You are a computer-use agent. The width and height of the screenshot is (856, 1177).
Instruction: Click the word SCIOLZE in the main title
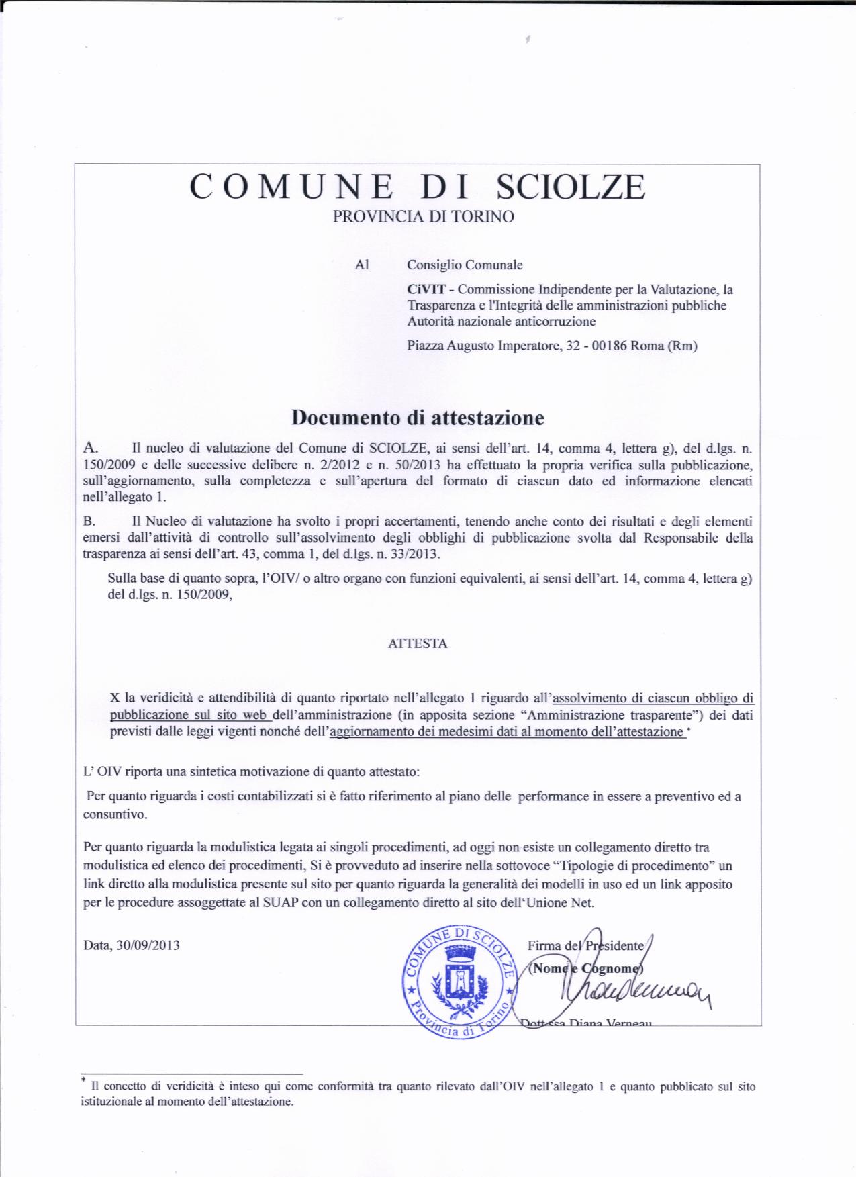click(569, 187)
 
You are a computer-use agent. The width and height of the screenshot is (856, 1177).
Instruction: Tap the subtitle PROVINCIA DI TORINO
click(424, 217)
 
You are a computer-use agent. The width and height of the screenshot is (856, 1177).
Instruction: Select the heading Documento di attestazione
click(417, 418)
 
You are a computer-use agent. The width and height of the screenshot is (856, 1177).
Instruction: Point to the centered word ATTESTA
click(418, 643)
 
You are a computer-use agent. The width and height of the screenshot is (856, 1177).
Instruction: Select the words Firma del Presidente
click(585, 946)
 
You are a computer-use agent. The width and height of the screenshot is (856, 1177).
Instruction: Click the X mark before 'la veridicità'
click(115, 698)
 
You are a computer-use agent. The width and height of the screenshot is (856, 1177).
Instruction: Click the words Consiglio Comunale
click(465, 265)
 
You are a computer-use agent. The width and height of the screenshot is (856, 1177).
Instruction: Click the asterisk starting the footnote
click(83, 1080)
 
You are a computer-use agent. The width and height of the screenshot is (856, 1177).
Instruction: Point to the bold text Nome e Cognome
click(585, 969)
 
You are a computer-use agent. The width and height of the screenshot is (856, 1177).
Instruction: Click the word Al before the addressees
click(362, 265)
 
